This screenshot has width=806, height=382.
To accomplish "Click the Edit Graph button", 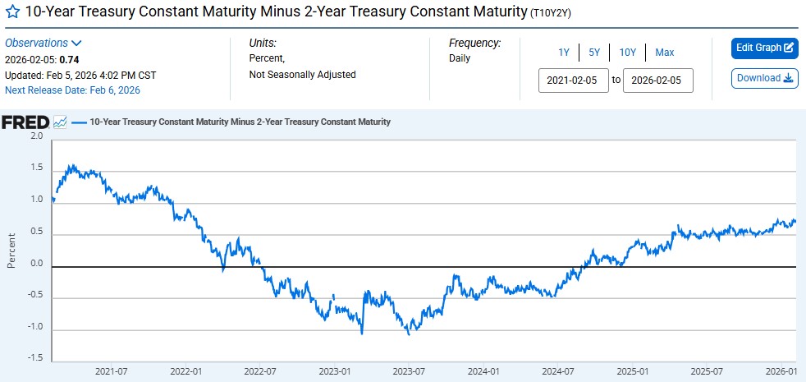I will click(x=764, y=48).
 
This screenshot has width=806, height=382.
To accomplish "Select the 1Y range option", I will click(x=564, y=53).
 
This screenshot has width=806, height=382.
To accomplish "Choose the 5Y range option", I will click(x=593, y=53).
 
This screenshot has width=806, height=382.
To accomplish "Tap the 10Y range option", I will click(x=627, y=53).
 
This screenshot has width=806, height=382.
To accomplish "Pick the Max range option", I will click(x=664, y=53).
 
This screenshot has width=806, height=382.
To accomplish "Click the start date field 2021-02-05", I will click(x=574, y=81).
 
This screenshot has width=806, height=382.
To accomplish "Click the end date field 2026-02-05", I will click(x=658, y=81).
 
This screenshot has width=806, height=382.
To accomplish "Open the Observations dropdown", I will click(x=44, y=43).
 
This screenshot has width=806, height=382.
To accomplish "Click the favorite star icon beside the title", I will click(x=12, y=12).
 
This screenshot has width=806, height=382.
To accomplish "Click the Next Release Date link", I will click(x=72, y=90).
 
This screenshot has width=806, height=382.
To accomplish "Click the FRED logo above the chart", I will click(x=25, y=122).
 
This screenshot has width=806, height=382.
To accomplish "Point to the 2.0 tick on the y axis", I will click(x=36, y=136).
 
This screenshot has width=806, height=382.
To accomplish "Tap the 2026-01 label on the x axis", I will click(x=781, y=371).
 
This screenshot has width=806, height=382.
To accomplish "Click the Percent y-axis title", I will click(x=11, y=250).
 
